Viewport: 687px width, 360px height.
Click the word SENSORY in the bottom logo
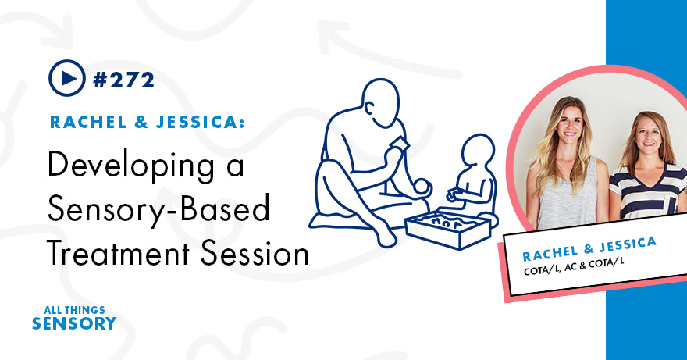pos(75,323)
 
